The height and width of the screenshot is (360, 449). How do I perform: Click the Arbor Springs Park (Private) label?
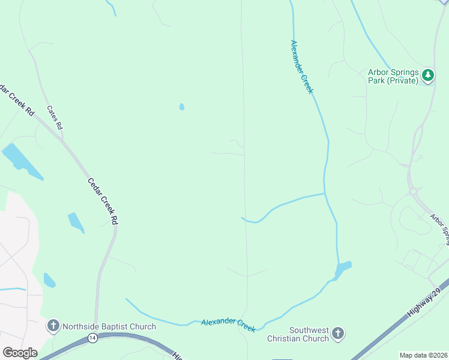click(x=393, y=76)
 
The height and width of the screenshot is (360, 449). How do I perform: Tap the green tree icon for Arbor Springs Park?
click(x=427, y=76)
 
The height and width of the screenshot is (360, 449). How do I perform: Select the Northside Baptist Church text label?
click(x=109, y=326)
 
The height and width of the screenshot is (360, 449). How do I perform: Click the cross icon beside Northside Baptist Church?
click(x=53, y=326)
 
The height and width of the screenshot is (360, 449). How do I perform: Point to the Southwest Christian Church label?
click(x=309, y=334)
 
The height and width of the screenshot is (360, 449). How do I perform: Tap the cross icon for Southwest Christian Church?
click(x=338, y=334)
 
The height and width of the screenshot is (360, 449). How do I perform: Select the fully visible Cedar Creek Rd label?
click(x=103, y=201)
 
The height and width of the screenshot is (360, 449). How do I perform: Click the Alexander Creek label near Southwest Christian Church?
click(x=228, y=325)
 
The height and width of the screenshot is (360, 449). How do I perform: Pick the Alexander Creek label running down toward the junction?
click(x=302, y=67)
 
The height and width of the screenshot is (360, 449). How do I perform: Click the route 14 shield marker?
click(x=92, y=338)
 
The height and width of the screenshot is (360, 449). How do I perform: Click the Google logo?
click(x=20, y=353)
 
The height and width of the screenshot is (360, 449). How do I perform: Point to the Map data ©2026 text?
click(x=423, y=355)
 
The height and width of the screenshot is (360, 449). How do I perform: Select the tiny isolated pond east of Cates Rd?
click(x=181, y=107)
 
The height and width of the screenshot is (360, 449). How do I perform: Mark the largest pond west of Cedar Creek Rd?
click(x=21, y=160)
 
